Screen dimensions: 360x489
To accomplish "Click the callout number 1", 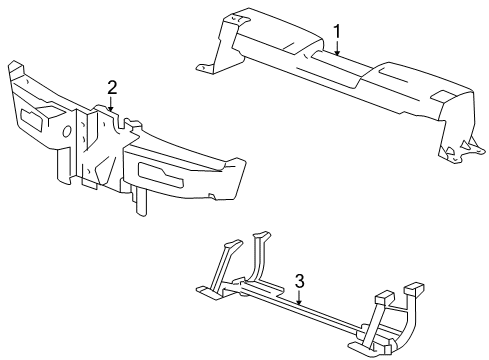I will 338,32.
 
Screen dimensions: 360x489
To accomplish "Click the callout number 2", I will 112,86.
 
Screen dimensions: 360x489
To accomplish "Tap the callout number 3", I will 299,281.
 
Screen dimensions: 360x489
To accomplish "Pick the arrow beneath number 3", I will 299,298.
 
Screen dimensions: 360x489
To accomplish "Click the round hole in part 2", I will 66,131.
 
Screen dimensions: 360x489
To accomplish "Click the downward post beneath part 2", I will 143,200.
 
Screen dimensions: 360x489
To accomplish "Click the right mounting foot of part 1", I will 452,153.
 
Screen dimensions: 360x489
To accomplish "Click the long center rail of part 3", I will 300,307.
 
